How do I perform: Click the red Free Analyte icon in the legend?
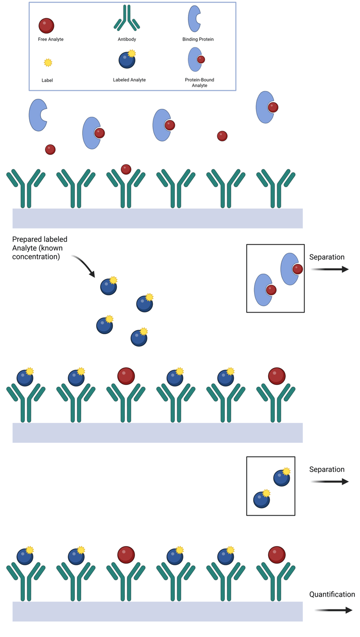(x=46, y=25)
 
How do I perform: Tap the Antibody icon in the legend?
(x=127, y=19)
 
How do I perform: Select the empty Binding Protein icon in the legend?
(x=194, y=19)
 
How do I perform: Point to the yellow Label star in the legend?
(x=48, y=63)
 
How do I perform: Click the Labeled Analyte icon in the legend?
(x=127, y=60)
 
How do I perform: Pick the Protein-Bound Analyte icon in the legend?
(x=196, y=60)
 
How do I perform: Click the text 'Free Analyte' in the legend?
(x=51, y=39)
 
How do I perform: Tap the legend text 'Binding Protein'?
(x=198, y=39)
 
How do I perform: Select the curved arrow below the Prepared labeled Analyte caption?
(x=84, y=265)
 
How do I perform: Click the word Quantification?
(x=332, y=594)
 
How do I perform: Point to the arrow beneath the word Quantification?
(x=333, y=610)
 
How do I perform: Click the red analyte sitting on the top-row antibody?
(x=126, y=169)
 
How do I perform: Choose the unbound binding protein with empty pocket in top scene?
(x=37, y=115)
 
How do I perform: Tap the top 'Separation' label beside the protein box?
(x=327, y=257)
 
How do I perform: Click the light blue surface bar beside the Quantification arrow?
(x=157, y=611)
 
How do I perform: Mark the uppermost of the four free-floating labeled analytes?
(x=109, y=286)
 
